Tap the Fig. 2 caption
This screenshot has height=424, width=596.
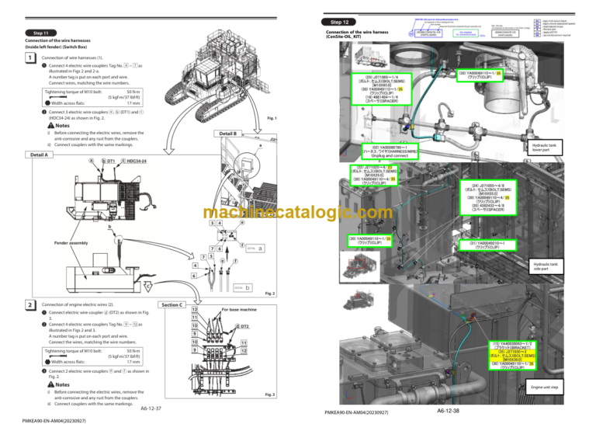[x=270, y=294]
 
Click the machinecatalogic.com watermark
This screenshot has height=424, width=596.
[x=298, y=212]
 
